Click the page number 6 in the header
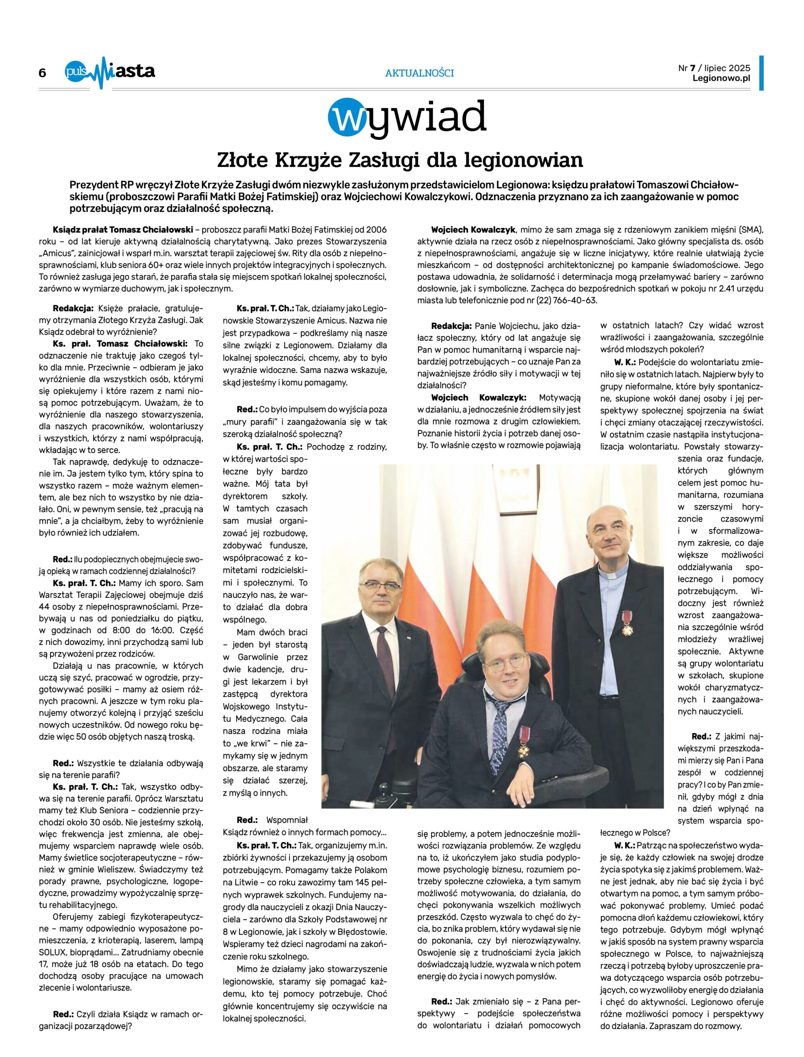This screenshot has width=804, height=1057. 43,73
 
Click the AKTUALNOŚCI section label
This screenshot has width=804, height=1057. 419,73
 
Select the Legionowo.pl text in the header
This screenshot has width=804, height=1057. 721,78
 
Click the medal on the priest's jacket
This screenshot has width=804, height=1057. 626,623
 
